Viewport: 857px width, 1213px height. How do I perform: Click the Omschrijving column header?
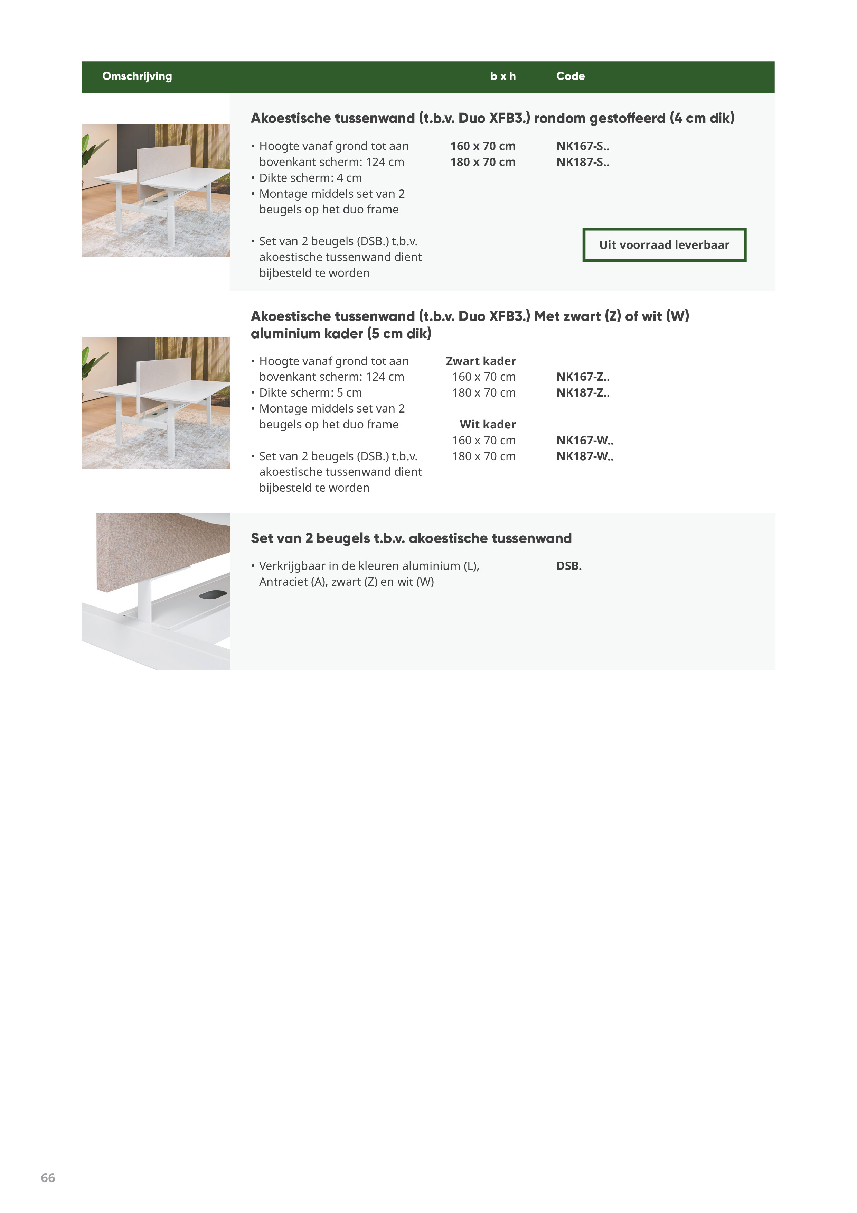[x=137, y=76]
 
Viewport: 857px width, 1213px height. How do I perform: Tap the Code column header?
[x=570, y=76]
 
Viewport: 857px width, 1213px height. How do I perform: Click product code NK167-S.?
[x=582, y=146]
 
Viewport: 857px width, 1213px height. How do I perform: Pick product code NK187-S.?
[x=582, y=162]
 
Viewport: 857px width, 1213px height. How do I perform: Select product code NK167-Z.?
[x=582, y=377]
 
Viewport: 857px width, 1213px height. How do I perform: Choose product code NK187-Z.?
[x=582, y=392]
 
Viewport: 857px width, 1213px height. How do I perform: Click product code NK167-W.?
[x=585, y=440]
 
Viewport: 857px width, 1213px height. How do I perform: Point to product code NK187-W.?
[x=585, y=456]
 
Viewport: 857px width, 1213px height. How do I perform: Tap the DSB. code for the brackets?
[x=569, y=566]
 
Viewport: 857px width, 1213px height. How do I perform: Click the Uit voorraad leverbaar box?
[x=664, y=244]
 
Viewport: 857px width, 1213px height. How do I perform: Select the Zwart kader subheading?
[x=481, y=361]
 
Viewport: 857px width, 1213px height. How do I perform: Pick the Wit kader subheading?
[x=487, y=424]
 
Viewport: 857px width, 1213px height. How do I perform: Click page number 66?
[x=48, y=1178]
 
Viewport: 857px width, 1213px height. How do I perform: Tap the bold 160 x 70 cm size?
[x=483, y=146]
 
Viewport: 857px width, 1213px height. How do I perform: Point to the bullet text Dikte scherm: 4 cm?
[x=310, y=178]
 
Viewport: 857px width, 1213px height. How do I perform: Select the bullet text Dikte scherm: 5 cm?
[x=310, y=392]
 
